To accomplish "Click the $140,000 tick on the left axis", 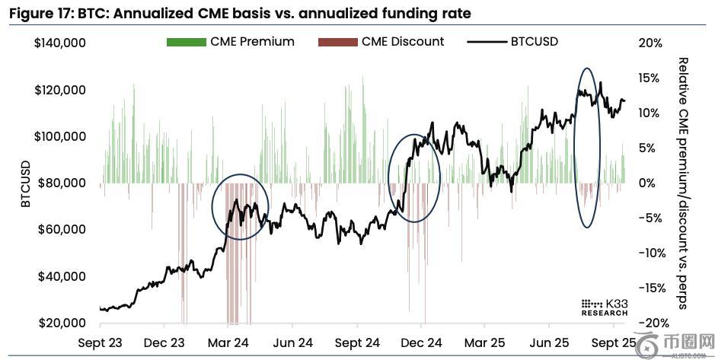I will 60,43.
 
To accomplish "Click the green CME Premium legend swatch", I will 186,42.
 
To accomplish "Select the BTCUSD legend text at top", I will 535,41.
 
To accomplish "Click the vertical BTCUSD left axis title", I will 25,183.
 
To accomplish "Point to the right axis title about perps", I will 683,183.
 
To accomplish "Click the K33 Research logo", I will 605,306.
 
